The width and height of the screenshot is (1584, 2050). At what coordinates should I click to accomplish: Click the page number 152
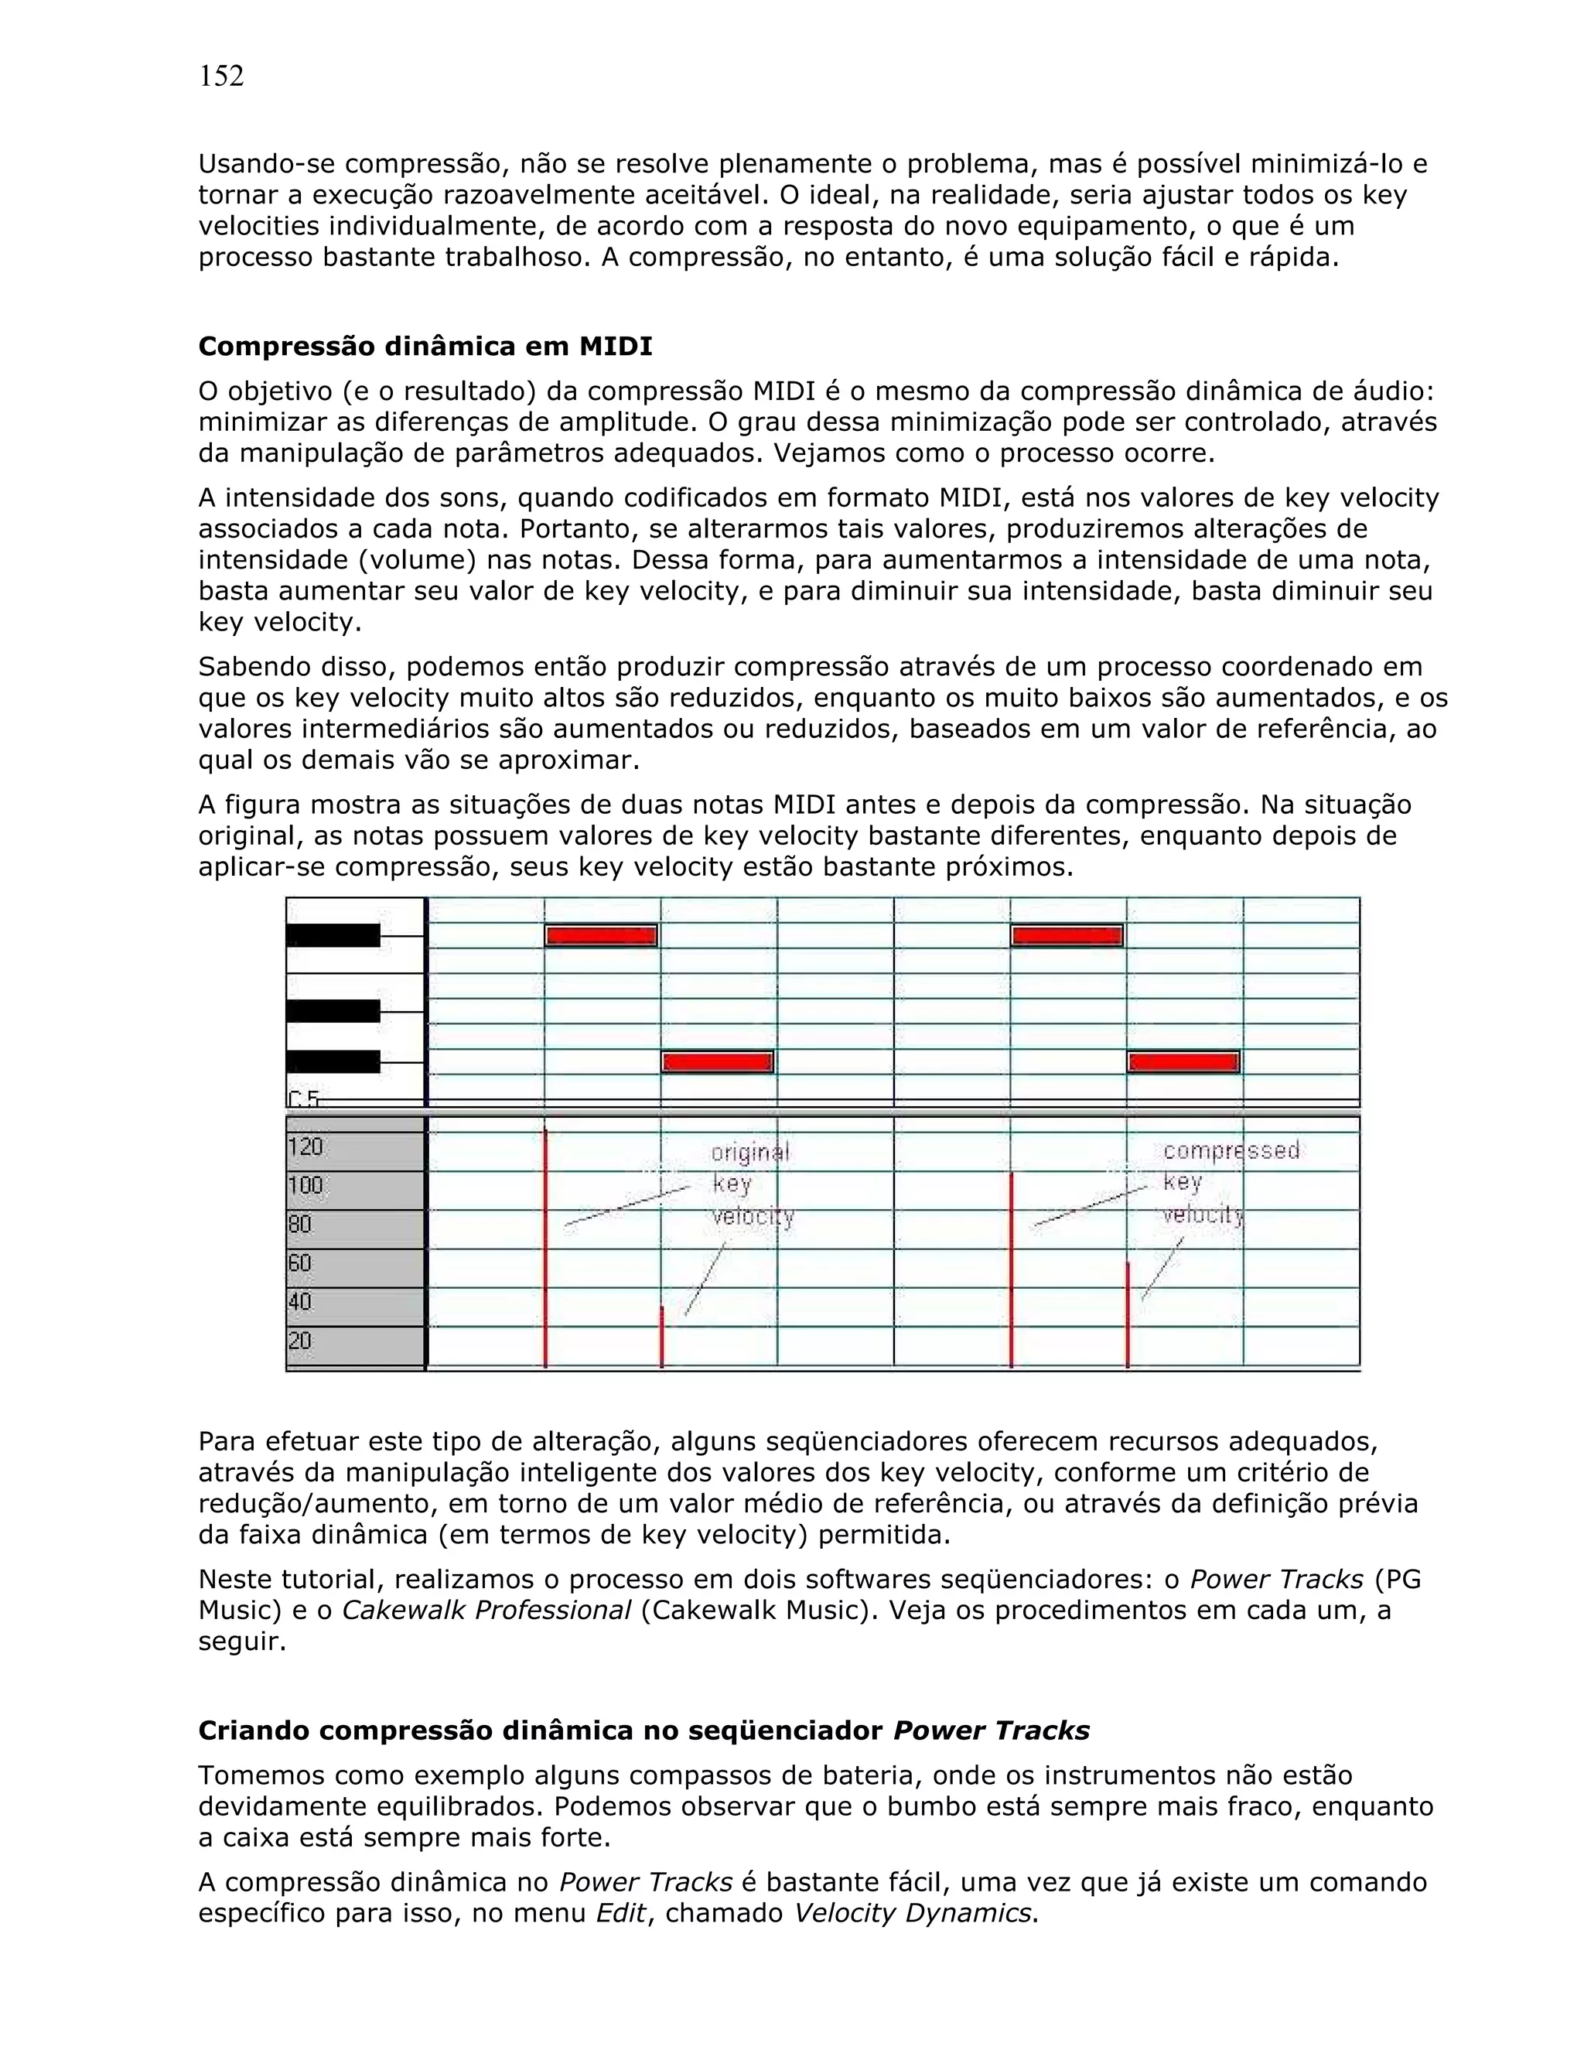click(x=221, y=77)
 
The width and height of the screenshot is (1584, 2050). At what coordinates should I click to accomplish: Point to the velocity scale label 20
click(x=299, y=1341)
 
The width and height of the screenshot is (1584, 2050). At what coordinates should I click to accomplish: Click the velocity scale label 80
click(x=299, y=1224)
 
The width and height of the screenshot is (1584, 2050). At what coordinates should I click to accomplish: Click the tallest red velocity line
click(x=545, y=1249)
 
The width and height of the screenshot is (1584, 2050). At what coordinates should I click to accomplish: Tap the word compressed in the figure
click(x=1231, y=1151)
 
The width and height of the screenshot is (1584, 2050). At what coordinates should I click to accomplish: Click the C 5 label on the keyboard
click(x=303, y=1098)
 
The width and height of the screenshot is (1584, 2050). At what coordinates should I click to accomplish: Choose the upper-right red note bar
click(x=1066, y=936)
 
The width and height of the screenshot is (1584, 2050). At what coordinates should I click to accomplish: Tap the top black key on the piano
click(x=333, y=936)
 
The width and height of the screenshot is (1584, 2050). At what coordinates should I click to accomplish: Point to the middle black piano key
click(x=333, y=1011)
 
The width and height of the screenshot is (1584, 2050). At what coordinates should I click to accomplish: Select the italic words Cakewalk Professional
click(x=486, y=1611)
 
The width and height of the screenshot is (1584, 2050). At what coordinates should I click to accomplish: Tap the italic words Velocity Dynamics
click(x=911, y=1913)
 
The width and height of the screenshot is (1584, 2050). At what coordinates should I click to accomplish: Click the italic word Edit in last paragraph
click(x=621, y=1913)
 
